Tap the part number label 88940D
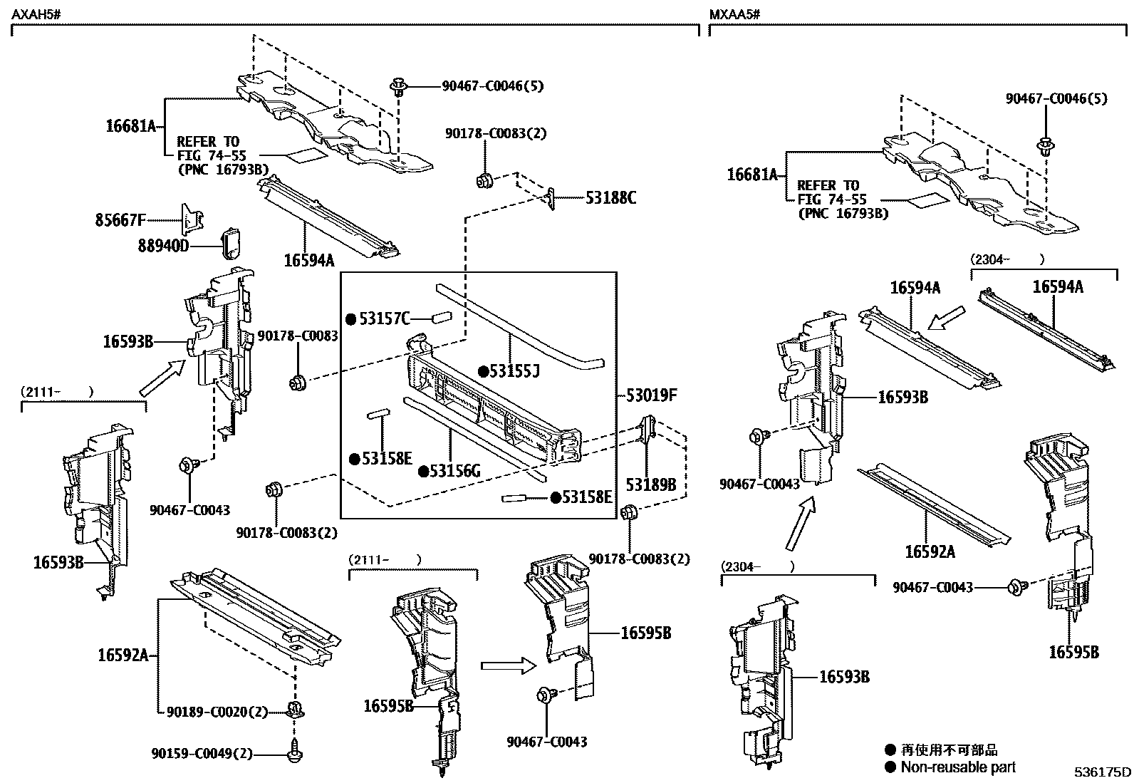164,247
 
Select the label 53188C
610,198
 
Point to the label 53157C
385,318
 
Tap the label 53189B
650,484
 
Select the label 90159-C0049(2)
202,754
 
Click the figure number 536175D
1103,772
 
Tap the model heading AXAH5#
33,14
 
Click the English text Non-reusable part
958,767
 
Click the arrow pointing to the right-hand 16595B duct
507,666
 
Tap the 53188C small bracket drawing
550,198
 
